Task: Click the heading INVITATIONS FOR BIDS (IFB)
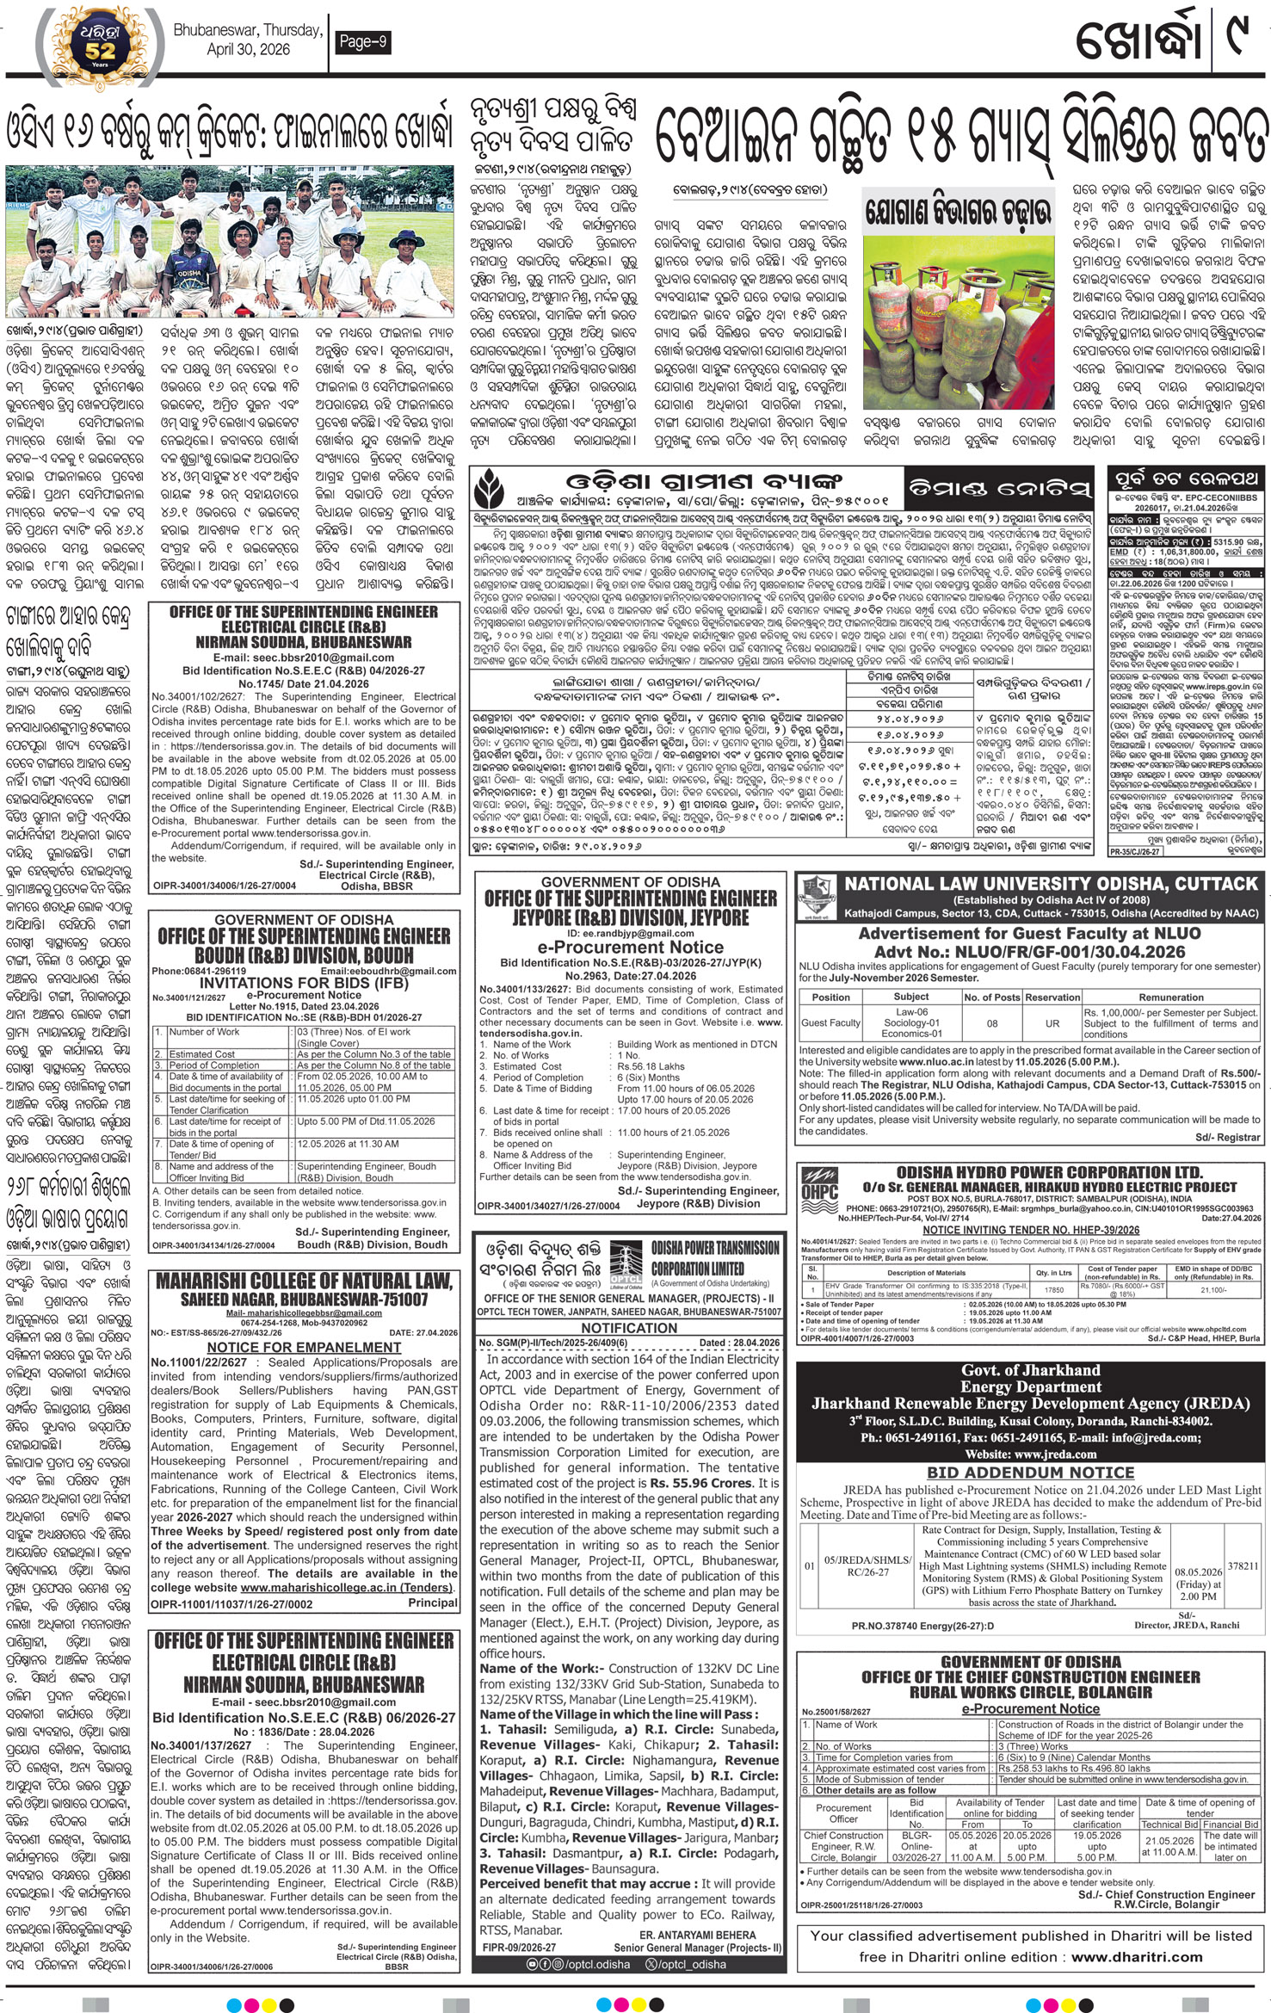[x=301, y=982]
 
